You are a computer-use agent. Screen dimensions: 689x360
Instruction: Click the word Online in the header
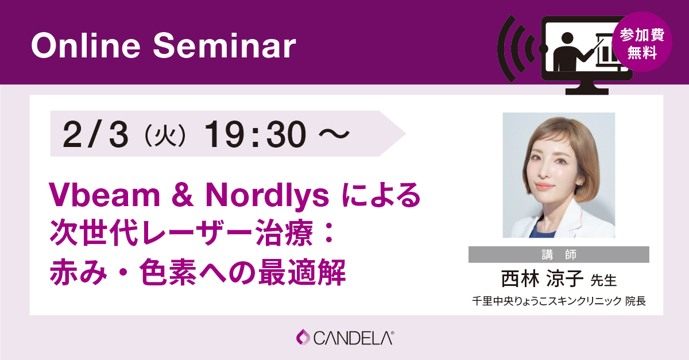(x=86, y=45)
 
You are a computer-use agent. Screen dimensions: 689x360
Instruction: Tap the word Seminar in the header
(x=224, y=45)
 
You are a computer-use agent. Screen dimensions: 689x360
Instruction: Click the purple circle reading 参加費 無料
(x=642, y=42)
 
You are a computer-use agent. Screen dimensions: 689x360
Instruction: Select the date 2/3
(x=95, y=134)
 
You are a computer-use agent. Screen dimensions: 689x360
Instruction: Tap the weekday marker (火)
(x=165, y=134)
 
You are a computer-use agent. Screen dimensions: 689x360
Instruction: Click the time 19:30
(x=256, y=134)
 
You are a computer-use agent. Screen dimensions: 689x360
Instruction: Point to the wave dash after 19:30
(x=334, y=134)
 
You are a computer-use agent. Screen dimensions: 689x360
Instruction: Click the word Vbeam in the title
(x=104, y=195)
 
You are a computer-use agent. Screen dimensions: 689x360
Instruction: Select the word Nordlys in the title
(x=267, y=196)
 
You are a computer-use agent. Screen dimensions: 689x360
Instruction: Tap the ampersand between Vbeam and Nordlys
(x=183, y=195)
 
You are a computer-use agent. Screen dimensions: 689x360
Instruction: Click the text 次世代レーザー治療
(x=181, y=233)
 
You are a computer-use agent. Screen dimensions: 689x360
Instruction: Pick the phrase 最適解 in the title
(x=302, y=272)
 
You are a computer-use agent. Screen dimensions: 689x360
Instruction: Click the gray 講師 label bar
(x=559, y=254)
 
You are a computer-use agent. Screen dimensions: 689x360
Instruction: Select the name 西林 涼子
(x=542, y=278)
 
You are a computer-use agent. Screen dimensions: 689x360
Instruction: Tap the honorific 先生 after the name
(x=603, y=280)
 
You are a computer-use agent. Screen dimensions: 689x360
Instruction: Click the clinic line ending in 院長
(x=559, y=301)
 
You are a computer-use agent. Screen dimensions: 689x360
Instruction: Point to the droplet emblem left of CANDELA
(x=303, y=337)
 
